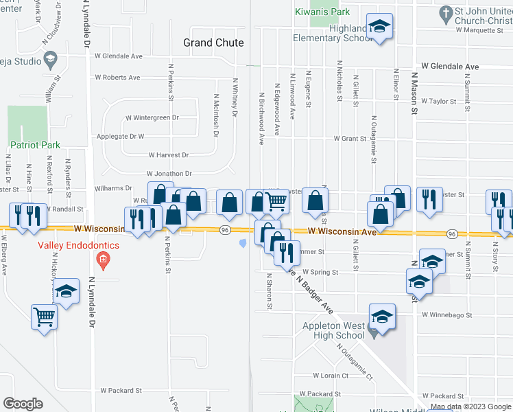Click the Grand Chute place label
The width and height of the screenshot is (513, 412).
(213, 43)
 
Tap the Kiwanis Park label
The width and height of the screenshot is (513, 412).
(322, 12)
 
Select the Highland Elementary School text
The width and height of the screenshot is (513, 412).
(340, 33)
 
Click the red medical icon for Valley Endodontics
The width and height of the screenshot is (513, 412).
(103, 259)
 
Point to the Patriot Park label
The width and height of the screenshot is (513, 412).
(35, 145)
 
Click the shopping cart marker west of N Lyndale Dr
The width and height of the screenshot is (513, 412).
(44, 317)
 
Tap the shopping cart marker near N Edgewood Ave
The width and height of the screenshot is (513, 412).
(276, 201)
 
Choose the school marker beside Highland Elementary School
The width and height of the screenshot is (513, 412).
(379, 26)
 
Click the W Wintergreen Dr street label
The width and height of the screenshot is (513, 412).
(152, 117)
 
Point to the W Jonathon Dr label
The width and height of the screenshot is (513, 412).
(169, 174)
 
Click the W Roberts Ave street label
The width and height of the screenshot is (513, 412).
(117, 78)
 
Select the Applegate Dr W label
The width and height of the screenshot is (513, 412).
(120, 136)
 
